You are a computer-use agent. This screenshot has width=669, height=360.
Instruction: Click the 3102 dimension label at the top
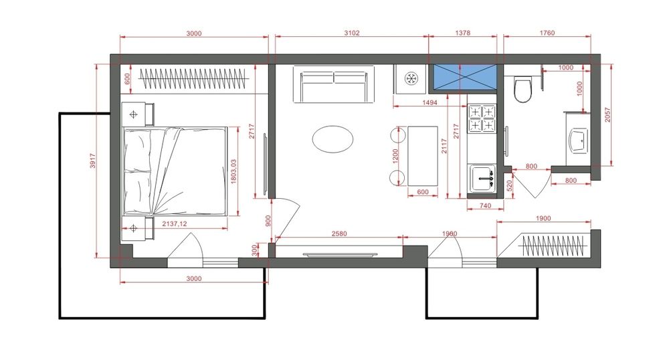click(x=352, y=33)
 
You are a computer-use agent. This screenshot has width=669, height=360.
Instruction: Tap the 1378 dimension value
click(x=462, y=33)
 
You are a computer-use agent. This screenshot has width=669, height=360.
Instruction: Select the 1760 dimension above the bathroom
click(x=547, y=33)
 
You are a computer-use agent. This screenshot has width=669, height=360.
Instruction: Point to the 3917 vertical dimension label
click(x=93, y=161)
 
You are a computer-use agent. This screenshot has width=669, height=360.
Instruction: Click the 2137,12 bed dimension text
click(x=175, y=223)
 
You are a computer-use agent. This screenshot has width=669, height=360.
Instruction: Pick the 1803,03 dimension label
click(x=233, y=172)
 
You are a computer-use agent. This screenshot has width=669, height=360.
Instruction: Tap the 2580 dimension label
click(x=339, y=234)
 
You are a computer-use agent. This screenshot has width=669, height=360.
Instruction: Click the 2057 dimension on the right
click(x=607, y=114)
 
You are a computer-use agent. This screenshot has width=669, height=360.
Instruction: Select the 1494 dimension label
click(x=429, y=102)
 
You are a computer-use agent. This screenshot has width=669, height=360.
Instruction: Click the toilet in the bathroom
click(x=522, y=89)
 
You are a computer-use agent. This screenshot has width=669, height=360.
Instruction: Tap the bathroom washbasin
click(x=579, y=141)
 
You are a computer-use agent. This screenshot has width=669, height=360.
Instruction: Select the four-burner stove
click(x=482, y=118)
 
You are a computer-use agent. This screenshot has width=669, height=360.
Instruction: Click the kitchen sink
click(x=482, y=178)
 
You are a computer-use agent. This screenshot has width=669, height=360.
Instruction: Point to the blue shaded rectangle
click(x=465, y=78)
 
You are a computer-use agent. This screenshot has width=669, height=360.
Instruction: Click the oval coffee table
click(x=332, y=139)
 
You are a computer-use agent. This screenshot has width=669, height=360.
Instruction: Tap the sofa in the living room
click(x=334, y=84)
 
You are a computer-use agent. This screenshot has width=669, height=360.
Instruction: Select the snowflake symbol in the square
click(x=411, y=78)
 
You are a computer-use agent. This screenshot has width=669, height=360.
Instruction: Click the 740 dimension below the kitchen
click(x=486, y=205)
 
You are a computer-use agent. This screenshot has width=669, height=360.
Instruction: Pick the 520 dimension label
click(x=509, y=186)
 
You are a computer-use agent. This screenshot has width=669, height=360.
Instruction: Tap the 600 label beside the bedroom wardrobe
click(x=126, y=78)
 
